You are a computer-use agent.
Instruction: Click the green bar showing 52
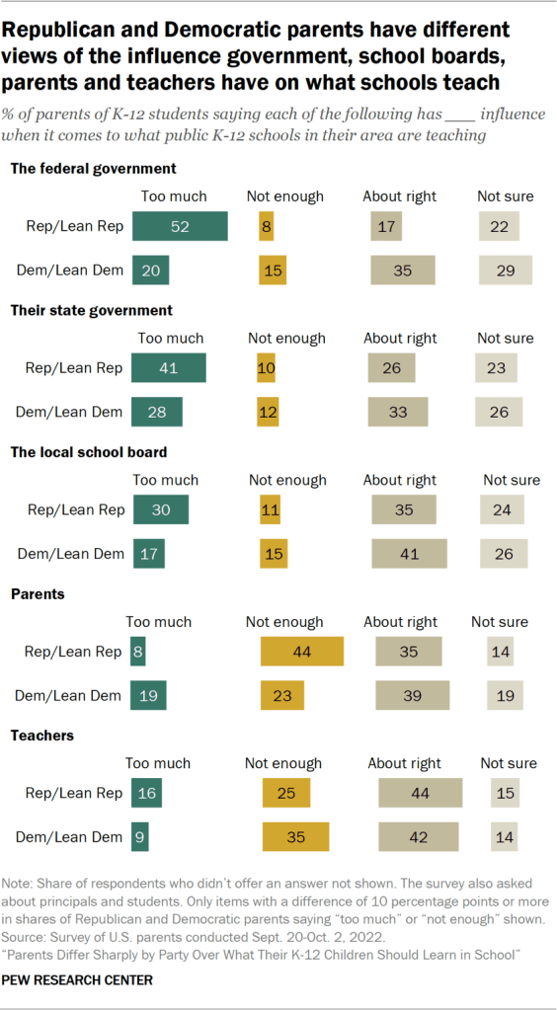pyautogui.click(x=181, y=226)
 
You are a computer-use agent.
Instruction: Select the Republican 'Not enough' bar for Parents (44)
pyautogui.click(x=301, y=652)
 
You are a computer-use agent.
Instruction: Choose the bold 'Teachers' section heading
pyautogui.click(x=42, y=736)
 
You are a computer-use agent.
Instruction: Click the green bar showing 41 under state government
pyautogui.click(x=170, y=368)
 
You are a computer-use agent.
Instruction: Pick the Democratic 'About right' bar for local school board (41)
pyautogui.click(x=409, y=554)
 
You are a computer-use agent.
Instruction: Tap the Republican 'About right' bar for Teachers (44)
pyautogui.click(x=420, y=793)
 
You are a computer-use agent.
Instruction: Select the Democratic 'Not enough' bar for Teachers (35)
pyautogui.click(x=294, y=837)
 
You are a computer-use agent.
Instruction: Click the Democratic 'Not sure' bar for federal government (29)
pyautogui.click(x=506, y=270)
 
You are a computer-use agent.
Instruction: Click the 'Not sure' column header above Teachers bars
pyautogui.click(x=509, y=763)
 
